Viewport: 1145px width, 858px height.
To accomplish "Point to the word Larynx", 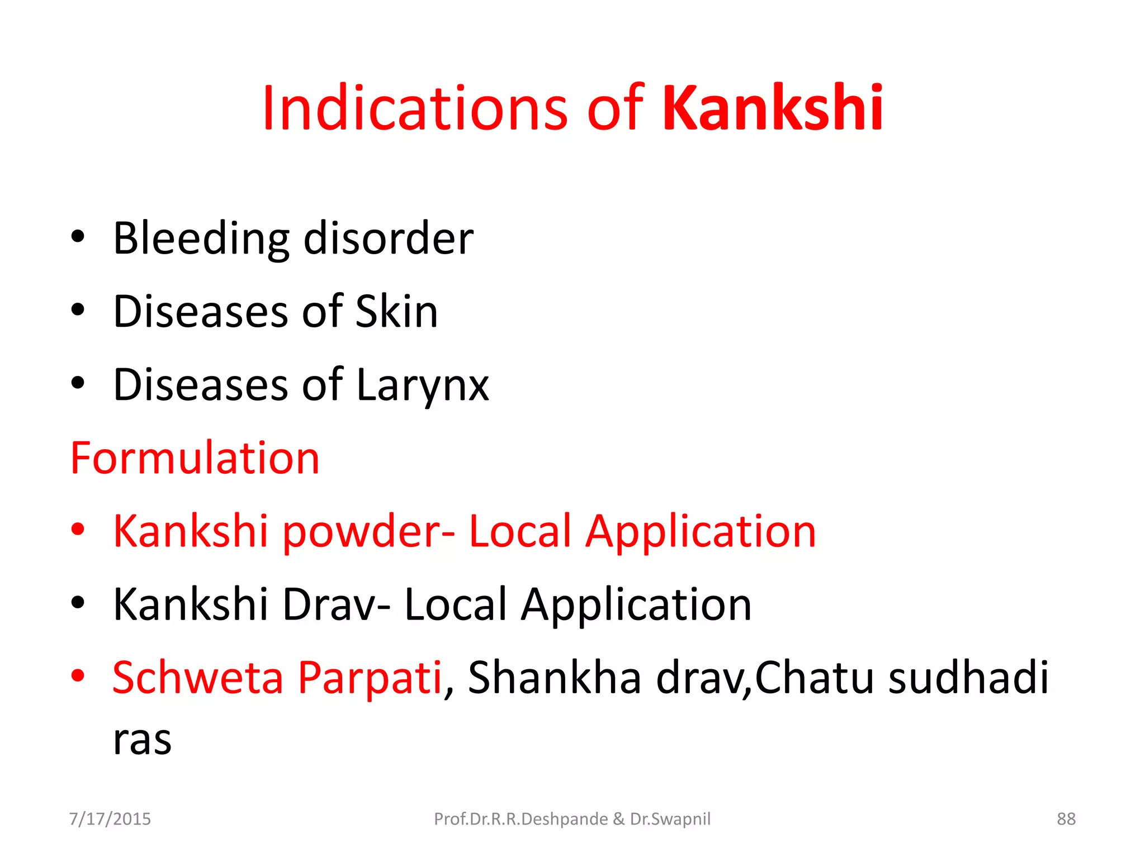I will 422,385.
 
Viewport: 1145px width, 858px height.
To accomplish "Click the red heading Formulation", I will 195,458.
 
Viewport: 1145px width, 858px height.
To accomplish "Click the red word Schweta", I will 198,678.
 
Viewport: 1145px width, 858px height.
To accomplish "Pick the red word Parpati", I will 370,678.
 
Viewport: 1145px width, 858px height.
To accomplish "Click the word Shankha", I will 554,678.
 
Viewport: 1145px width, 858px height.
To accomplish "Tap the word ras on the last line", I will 142,740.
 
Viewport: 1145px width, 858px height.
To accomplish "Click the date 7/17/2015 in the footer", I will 110,819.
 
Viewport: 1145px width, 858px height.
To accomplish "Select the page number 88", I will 1066,819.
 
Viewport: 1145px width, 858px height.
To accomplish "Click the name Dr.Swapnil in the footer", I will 670,819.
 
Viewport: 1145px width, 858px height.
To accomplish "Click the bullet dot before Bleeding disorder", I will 78,237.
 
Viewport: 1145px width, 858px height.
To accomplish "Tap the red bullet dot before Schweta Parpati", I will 78,675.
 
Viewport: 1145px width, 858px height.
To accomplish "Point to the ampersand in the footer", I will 618,819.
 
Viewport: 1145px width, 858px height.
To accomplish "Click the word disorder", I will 389,239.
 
